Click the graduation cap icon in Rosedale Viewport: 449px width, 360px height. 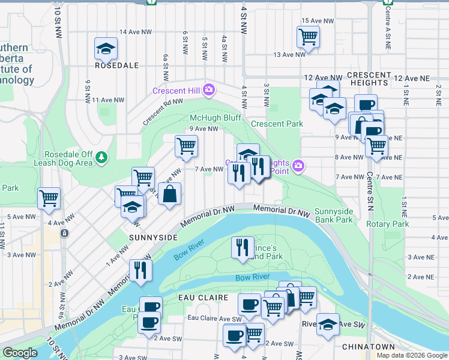point(106,48)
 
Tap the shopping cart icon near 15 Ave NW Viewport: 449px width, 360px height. point(308,36)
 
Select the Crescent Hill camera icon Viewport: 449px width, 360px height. point(209,90)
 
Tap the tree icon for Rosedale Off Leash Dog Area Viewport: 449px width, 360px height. point(102,157)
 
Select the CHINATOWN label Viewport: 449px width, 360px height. point(369,347)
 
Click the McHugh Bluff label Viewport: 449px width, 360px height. point(215,118)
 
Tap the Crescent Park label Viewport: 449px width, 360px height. point(277,124)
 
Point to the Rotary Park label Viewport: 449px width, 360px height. point(387,224)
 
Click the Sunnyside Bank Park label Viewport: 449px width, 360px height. point(334,215)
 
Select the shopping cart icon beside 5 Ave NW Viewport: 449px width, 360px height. point(49,197)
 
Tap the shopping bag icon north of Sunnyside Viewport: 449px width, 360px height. point(170,193)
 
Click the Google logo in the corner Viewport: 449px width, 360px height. point(20,353)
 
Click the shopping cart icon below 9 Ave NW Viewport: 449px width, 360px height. point(186,145)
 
